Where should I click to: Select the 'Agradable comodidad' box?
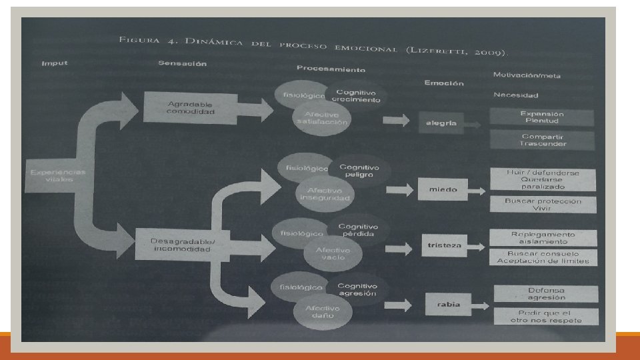tap(191, 108)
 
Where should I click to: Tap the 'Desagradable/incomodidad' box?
tap(181, 245)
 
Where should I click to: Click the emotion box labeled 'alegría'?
tap(442, 123)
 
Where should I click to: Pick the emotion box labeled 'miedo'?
tap(443, 189)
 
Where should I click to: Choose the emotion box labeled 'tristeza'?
tap(445, 245)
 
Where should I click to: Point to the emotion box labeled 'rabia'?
tap(449, 304)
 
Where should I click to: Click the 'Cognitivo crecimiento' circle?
tap(357, 97)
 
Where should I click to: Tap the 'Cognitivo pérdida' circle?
tap(357, 231)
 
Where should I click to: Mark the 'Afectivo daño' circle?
tap(323, 311)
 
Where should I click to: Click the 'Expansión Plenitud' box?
tap(542, 117)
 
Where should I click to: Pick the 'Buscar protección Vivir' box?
tap(543, 205)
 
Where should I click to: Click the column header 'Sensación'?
tap(183, 64)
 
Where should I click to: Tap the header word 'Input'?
tap(55, 63)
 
